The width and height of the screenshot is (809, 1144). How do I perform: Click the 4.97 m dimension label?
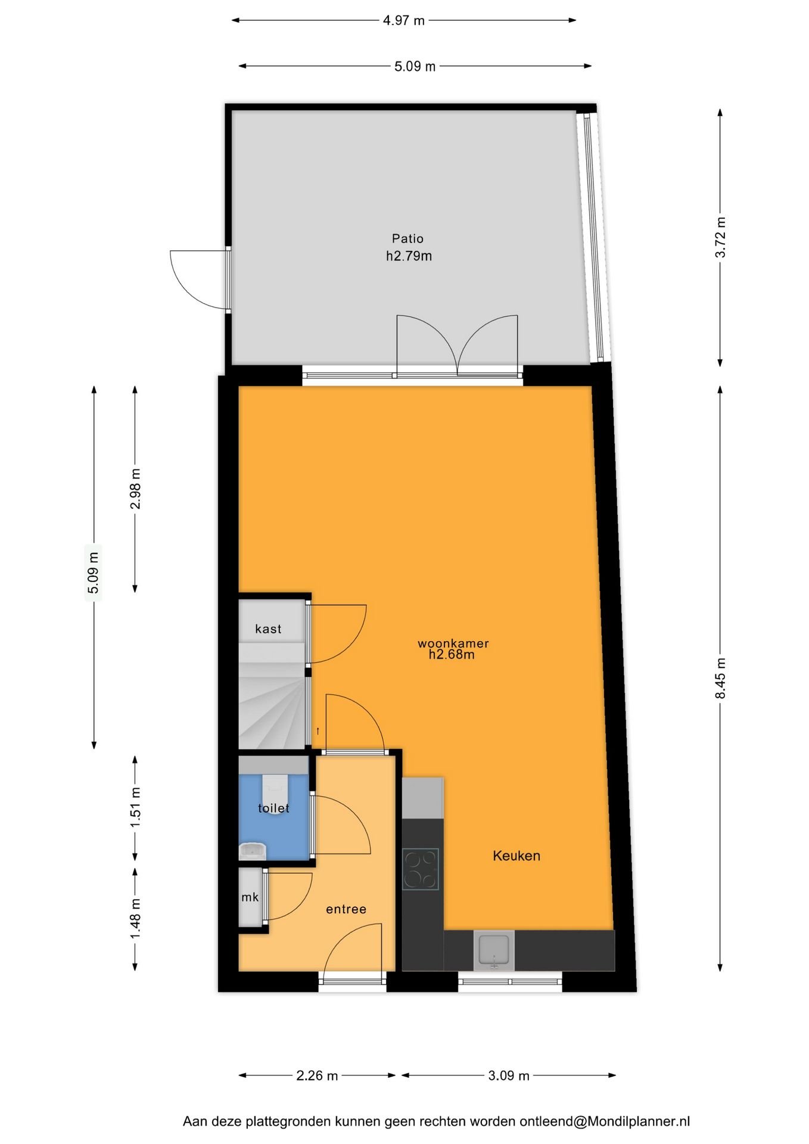point(403,20)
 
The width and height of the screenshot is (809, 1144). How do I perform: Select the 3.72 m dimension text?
point(720,237)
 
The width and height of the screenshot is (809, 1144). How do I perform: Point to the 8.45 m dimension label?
point(720,678)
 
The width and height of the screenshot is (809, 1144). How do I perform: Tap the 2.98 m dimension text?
point(135,489)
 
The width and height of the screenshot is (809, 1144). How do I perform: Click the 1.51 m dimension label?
point(135,807)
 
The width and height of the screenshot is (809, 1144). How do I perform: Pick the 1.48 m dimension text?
point(135,918)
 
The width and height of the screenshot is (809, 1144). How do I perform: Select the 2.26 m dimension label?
point(317,1075)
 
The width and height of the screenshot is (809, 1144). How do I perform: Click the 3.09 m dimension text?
point(508,1075)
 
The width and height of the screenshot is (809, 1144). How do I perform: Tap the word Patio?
point(407,238)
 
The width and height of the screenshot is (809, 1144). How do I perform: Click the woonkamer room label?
point(453,643)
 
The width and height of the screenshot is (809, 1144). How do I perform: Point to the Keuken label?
point(516,856)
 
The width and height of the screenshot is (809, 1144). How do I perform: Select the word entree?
point(346,909)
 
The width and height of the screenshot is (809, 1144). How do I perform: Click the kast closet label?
point(268,629)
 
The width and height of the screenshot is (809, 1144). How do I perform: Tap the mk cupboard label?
point(250,897)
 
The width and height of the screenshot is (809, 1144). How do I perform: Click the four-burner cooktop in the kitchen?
point(421,869)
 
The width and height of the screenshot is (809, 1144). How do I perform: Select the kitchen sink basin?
point(494,950)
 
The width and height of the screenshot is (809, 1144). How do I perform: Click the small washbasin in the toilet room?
point(253,851)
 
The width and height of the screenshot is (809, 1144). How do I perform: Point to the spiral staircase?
point(272,709)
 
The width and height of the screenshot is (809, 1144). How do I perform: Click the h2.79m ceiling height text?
point(409,256)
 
